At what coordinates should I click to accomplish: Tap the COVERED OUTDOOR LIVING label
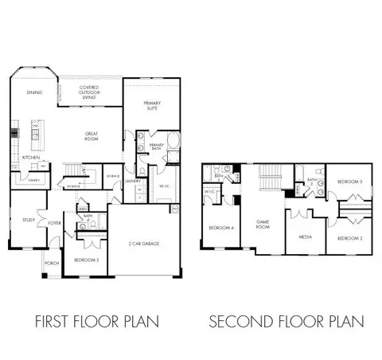pyautogui.click(x=90, y=96)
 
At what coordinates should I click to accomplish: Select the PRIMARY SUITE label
pyautogui.click(x=152, y=105)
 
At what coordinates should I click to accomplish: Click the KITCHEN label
pyautogui.click(x=30, y=158)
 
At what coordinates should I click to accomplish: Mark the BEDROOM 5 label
pyautogui.click(x=85, y=260)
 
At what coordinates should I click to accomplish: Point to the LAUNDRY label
pyautogui.click(x=133, y=182)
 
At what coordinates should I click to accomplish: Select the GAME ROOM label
pyautogui.click(x=263, y=223)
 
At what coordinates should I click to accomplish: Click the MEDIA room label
pyautogui.click(x=305, y=237)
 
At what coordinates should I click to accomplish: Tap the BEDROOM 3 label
pyautogui.click(x=349, y=182)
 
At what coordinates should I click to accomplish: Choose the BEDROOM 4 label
pyautogui.click(x=220, y=228)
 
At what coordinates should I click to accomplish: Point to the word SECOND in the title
pyautogui.click(x=238, y=323)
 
